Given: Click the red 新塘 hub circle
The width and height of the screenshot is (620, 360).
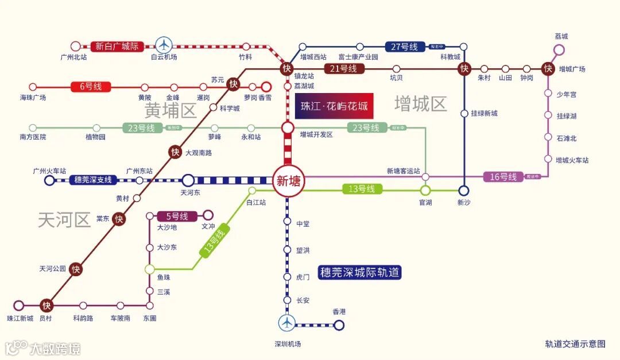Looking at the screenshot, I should point(287,181).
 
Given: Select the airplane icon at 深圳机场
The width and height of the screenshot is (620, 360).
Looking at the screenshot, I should point(286,323).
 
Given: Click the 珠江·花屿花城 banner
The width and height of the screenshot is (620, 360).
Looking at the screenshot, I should point(334,106).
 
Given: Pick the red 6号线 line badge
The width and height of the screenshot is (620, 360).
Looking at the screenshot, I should point(91,87).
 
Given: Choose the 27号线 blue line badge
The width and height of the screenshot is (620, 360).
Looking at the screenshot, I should point(404,47).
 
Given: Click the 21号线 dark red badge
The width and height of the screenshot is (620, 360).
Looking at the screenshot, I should point(344,69).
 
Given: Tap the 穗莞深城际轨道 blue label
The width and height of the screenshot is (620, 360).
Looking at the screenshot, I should point(360,272).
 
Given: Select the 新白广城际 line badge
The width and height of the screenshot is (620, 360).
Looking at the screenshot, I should point(117,46).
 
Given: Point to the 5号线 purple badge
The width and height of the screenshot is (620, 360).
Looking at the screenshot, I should point(177,216).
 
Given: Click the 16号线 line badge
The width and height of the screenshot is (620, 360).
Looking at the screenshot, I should point(503,177).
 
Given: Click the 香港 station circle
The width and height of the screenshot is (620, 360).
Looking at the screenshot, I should point(339,326).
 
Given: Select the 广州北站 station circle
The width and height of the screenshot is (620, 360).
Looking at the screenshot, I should point(75,46).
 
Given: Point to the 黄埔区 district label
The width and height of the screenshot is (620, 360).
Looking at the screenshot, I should point(170,110).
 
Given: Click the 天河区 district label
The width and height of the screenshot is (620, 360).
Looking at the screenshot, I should point(64,220).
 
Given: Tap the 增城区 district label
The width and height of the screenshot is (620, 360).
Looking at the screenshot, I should point(421,104).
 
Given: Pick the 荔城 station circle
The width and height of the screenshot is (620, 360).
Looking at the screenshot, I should point(559,50).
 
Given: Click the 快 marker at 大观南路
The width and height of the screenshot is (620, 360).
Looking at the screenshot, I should point(176,152).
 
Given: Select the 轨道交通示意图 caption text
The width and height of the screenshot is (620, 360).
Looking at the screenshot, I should point(575,344).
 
